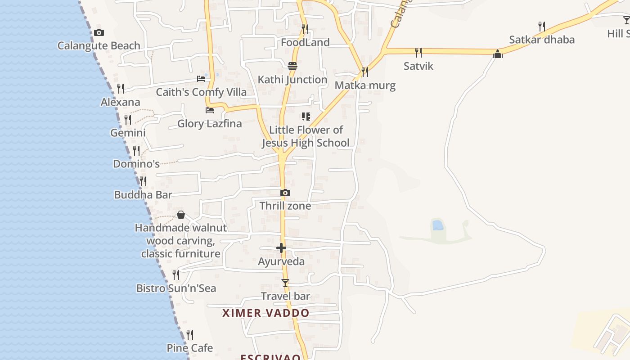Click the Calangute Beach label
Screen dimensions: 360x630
coord(99,45)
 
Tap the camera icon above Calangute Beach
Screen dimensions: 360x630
coord(99,32)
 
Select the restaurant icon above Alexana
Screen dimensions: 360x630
coord(121,88)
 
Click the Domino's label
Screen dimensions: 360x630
coord(136,164)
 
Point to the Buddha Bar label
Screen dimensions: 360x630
coord(143,195)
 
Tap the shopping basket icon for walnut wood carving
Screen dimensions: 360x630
coord(181,215)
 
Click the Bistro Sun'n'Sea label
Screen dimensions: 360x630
coord(176,288)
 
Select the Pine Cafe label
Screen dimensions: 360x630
coord(190,348)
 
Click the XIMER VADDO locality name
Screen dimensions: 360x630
coord(265,313)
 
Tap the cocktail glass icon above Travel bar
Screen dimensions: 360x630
coord(285,283)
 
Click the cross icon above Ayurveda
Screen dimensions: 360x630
coord(281,248)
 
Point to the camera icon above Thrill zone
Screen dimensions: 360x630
coord(285,193)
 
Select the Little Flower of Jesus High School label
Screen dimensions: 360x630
coord(306,136)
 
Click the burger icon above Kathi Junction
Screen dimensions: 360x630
coord(292,66)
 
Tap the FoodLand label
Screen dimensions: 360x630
coord(305,42)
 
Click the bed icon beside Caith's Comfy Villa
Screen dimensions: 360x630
coord(201,79)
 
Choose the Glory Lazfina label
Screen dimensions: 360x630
coord(210,123)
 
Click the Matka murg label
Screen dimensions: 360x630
coord(365,85)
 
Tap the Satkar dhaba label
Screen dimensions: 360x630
coord(542,40)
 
